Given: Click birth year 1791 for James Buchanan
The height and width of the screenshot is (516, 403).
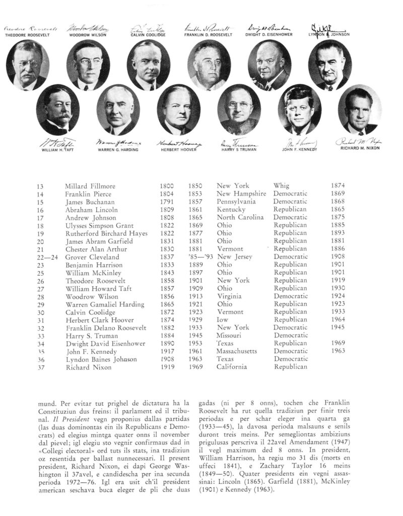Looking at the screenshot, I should tap(167, 202).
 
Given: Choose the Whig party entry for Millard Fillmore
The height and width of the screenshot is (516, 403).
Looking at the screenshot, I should tap(282, 186).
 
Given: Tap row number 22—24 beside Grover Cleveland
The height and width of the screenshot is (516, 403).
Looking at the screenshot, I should tap(46, 257).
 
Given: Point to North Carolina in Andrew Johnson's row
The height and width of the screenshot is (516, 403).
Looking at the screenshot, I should tap(240, 217).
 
